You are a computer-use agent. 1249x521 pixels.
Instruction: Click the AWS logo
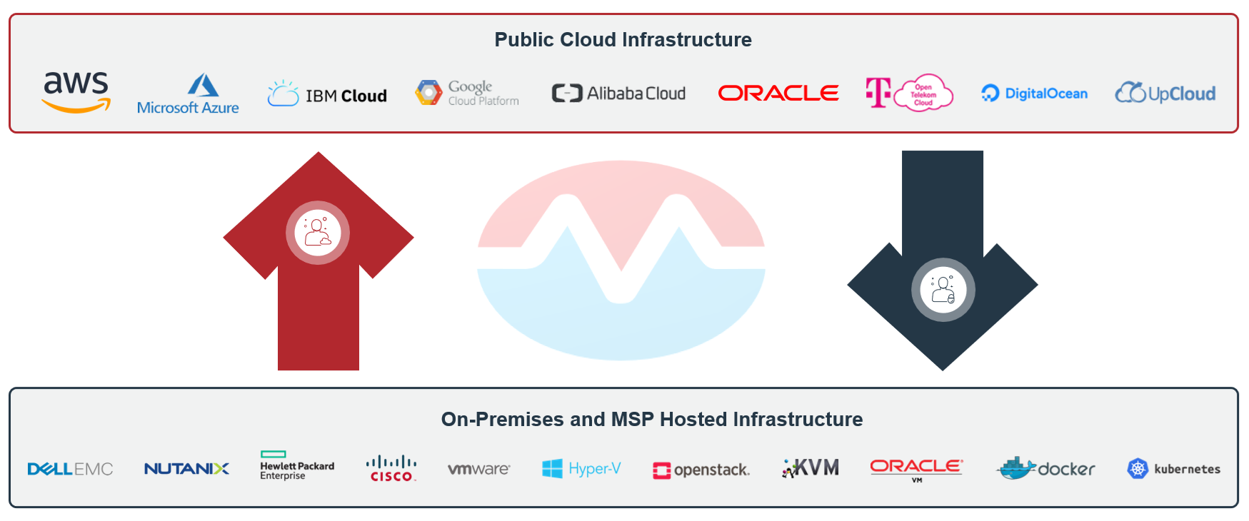(76, 92)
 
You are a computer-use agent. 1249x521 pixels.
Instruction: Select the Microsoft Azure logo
(189, 94)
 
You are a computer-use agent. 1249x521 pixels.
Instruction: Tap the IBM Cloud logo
(327, 94)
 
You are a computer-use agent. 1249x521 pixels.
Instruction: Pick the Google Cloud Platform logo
(467, 93)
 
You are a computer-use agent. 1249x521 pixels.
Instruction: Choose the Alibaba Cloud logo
(618, 93)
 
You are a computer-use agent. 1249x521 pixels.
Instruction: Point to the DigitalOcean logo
(1034, 93)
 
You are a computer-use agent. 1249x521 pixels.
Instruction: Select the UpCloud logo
(1165, 93)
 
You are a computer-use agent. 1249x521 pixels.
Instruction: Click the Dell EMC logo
(70, 469)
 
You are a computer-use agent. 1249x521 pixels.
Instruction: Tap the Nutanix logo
(186, 469)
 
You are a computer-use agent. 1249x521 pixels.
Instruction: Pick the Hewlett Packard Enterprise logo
(297, 465)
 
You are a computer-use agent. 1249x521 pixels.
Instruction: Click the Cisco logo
(391, 468)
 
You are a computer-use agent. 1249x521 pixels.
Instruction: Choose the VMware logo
(478, 469)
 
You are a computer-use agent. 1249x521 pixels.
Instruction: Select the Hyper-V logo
(581, 469)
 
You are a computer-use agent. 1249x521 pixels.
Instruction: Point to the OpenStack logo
(701, 470)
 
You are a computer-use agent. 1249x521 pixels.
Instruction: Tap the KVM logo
(811, 468)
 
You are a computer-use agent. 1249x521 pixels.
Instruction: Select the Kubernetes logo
(1173, 469)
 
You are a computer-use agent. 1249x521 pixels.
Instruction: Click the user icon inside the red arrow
(318, 233)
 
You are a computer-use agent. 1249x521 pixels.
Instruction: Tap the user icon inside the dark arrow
(943, 290)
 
